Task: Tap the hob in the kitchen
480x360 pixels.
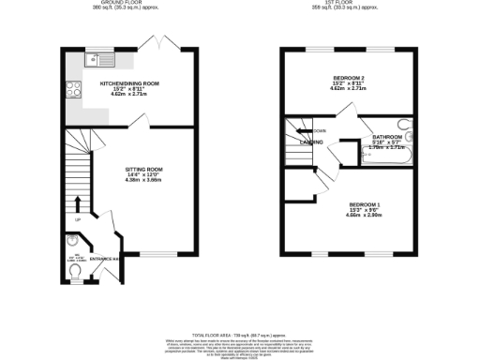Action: (72, 92)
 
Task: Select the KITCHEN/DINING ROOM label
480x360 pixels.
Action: (129, 83)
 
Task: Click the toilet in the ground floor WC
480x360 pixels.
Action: (74, 271)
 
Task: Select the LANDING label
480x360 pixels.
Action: (313, 142)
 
